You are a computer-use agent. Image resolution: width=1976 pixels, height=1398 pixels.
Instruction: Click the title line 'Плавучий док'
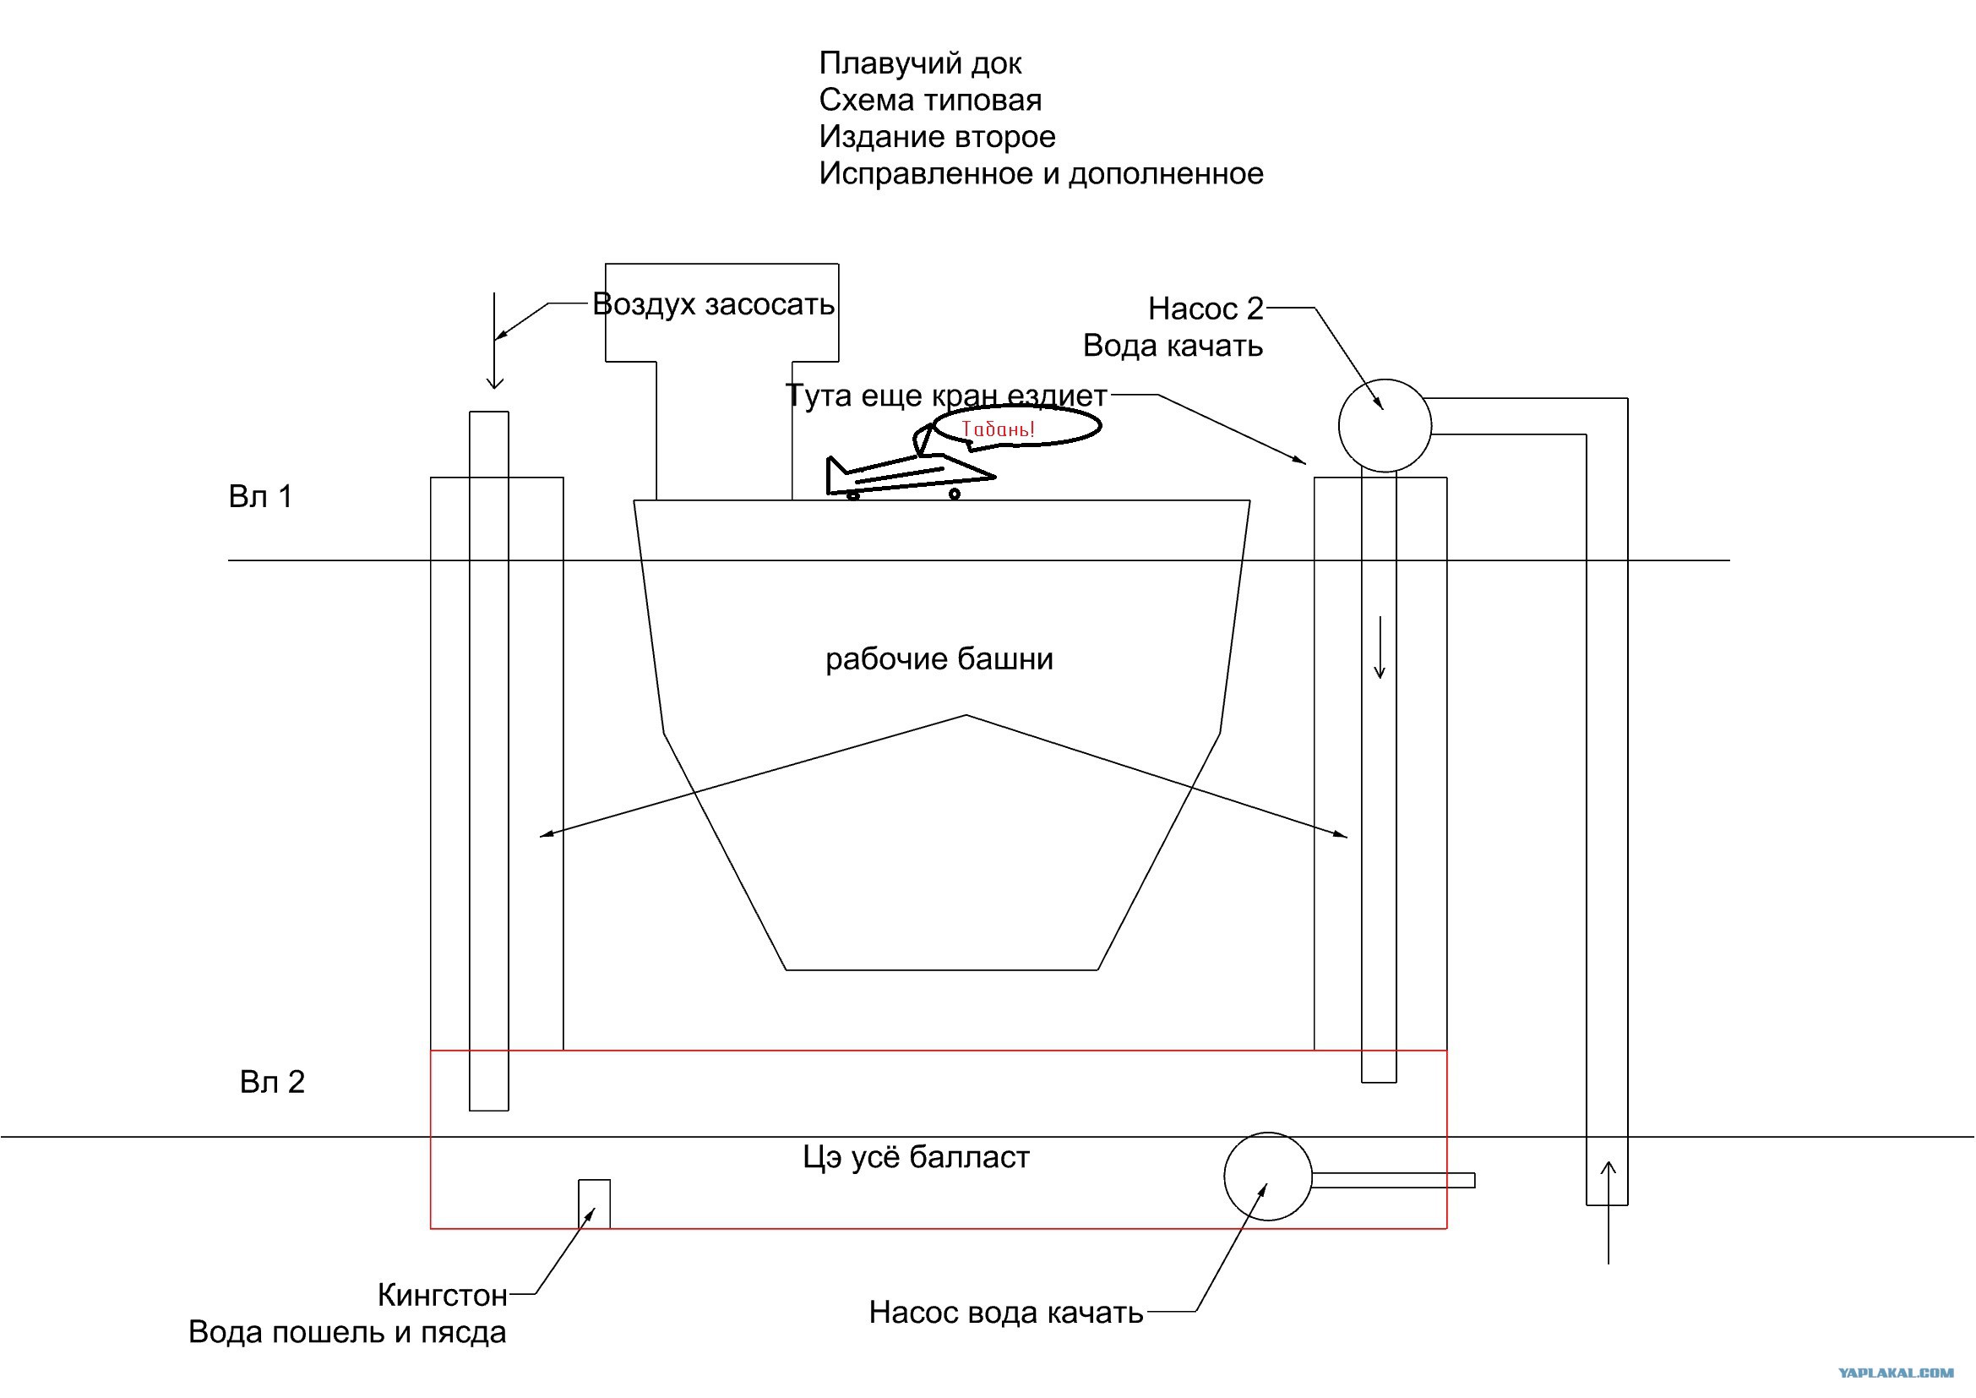point(920,63)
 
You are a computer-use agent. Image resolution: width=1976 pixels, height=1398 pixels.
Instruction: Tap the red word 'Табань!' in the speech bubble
point(998,428)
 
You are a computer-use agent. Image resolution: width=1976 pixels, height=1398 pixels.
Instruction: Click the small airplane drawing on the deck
point(911,475)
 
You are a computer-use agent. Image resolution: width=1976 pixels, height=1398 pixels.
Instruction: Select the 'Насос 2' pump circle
point(1385,425)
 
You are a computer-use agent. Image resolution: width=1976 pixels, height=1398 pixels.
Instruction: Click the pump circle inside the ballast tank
point(1268,1176)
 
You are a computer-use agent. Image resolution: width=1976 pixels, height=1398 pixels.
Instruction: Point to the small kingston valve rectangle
point(594,1204)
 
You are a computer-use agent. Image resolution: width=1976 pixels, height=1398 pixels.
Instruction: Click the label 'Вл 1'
point(261,497)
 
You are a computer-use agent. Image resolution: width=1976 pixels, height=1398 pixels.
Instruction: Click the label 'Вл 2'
point(272,1082)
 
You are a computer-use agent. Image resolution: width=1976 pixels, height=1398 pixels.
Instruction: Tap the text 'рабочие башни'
point(939,659)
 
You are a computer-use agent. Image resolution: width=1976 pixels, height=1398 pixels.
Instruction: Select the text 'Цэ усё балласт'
point(916,1158)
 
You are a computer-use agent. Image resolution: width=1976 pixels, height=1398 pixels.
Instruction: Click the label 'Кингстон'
point(443,1296)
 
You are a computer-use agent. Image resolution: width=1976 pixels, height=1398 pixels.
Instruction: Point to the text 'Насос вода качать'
point(1006,1313)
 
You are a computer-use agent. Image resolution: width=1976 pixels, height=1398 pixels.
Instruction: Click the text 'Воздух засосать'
point(714,305)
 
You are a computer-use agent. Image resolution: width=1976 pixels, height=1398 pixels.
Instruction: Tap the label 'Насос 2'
point(1206,309)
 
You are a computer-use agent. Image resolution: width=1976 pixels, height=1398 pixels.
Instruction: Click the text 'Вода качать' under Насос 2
point(1173,346)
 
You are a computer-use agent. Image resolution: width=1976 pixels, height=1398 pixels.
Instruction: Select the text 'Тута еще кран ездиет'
point(947,396)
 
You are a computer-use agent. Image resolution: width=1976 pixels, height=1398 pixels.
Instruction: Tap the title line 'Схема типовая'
point(929,101)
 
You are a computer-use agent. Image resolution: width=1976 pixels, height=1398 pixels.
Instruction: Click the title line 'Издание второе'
point(936,137)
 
